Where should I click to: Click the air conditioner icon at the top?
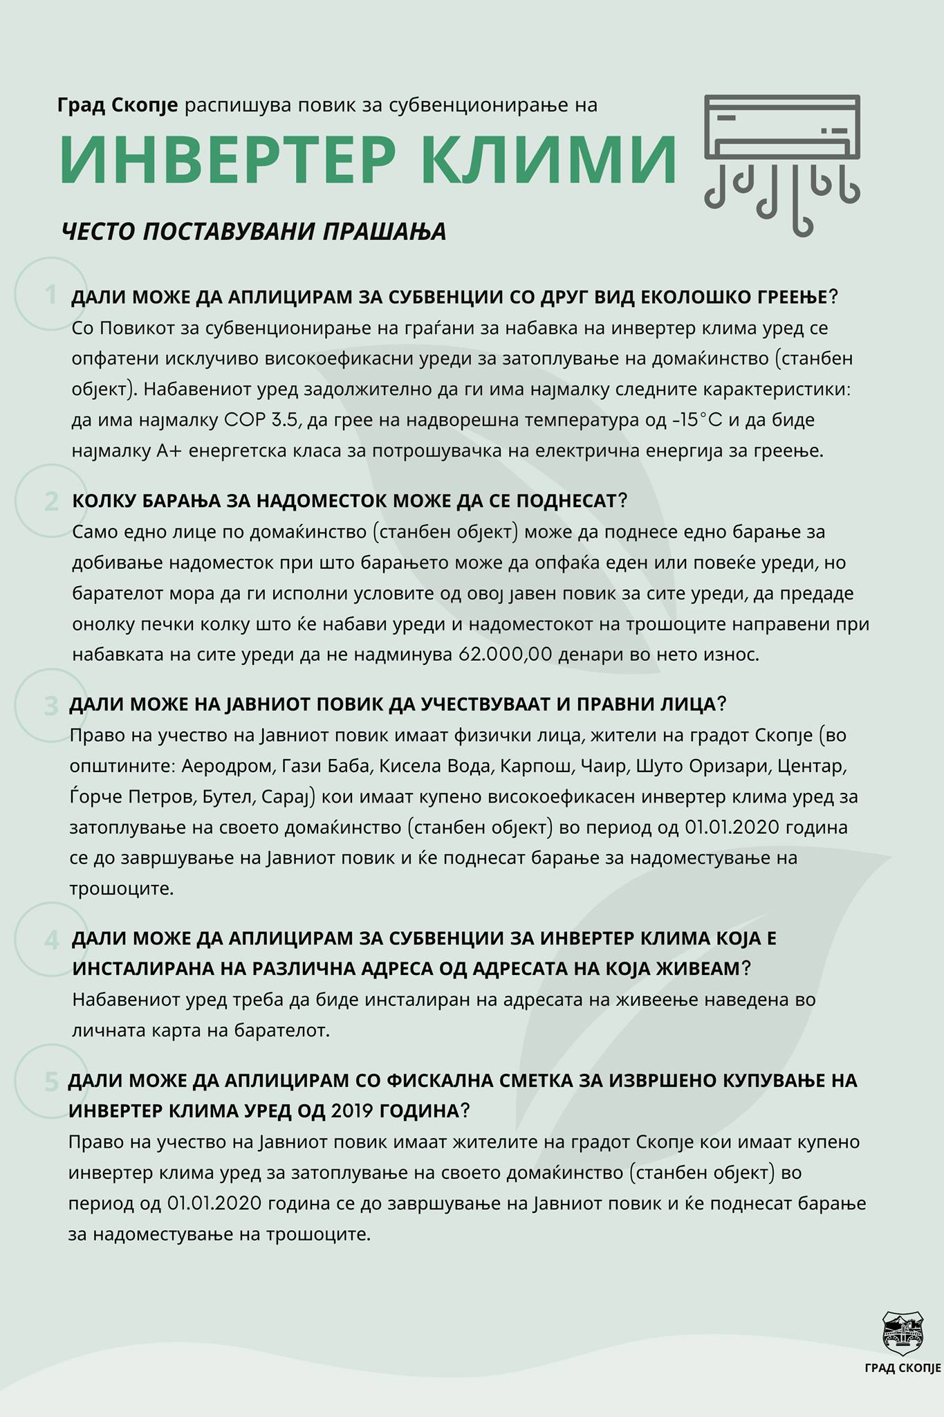pyautogui.click(x=782, y=164)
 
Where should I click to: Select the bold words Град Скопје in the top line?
pyautogui.click(x=118, y=106)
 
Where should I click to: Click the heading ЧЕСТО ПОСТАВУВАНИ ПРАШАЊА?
pyautogui.click(x=254, y=231)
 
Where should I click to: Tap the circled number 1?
pyautogui.click(x=50, y=294)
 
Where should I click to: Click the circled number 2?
pyautogui.click(x=51, y=500)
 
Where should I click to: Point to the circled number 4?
pyautogui.click(x=51, y=940)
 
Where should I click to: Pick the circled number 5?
pyautogui.click(x=51, y=1081)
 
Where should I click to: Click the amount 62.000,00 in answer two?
pyautogui.click(x=506, y=655)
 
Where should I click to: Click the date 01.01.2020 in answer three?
pyautogui.click(x=731, y=828)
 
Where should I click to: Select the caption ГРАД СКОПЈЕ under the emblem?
pyautogui.click(x=903, y=1368)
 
